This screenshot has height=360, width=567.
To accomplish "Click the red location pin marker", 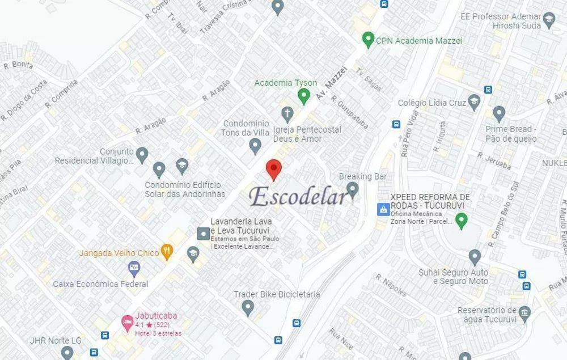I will coord(274,168).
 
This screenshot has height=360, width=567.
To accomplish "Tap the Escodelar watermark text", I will coord(299,196).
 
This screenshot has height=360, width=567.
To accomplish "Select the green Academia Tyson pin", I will coord(304,95).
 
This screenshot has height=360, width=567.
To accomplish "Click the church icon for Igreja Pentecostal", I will coord(287,114).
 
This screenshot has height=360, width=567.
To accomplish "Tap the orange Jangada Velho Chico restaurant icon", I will coord(167,251).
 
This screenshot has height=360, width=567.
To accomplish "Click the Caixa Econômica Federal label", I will coord(100,283).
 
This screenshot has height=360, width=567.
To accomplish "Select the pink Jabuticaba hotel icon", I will coord(127,323).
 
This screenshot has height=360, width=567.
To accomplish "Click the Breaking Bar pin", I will coord(353,188).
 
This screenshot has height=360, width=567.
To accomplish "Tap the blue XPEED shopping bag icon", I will coord(383,209).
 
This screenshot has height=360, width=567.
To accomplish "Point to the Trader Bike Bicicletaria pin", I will coord(247,307).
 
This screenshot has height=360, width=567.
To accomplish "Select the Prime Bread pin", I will coord(499,113).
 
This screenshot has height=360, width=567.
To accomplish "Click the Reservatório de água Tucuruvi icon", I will coord(524,312).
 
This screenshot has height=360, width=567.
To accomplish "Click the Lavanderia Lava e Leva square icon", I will coord(202,233).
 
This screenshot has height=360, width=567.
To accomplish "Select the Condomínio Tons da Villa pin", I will coord(255,146).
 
